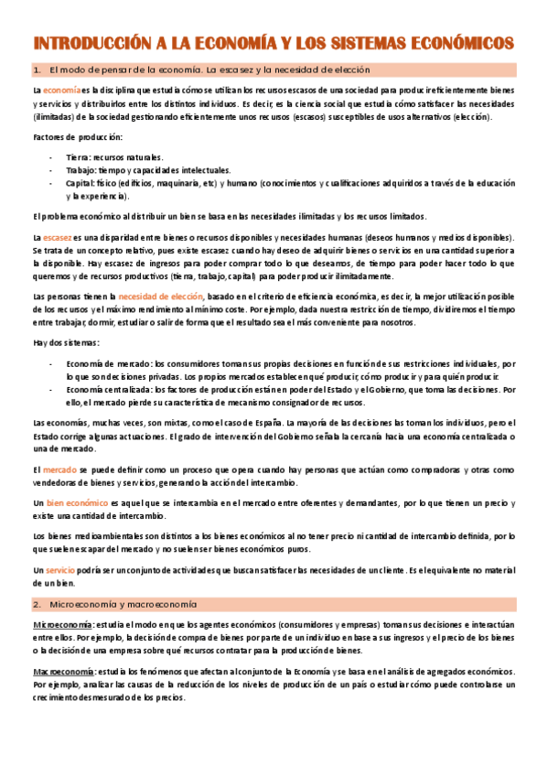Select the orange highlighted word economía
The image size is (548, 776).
(x=61, y=92)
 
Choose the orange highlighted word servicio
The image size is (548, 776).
(x=60, y=570)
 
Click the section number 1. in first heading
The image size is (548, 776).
(x=38, y=70)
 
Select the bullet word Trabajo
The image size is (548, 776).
(x=81, y=170)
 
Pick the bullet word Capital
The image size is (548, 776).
(x=81, y=183)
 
